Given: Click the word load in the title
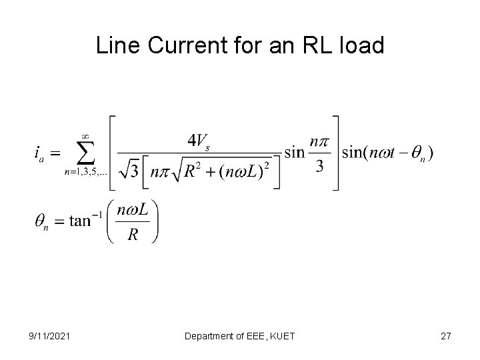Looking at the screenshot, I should point(366,46).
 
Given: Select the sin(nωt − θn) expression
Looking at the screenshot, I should point(387,153).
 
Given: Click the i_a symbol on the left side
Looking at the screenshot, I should point(41,154).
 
